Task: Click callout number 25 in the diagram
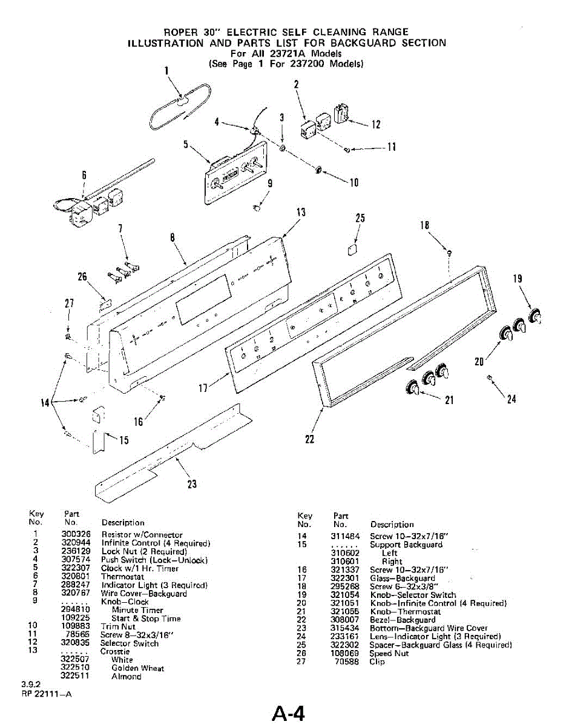(360, 219)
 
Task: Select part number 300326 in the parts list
(76, 535)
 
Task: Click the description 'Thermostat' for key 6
(122, 577)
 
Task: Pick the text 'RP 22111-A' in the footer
(45, 694)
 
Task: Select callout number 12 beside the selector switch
(376, 125)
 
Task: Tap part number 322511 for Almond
(76, 677)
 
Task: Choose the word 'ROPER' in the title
(185, 32)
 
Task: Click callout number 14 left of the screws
(45, 402)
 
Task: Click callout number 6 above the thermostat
(84, 174)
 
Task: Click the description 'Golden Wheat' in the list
(137, 668)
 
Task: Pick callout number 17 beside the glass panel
(204, 387)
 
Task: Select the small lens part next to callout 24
(489, 378)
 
